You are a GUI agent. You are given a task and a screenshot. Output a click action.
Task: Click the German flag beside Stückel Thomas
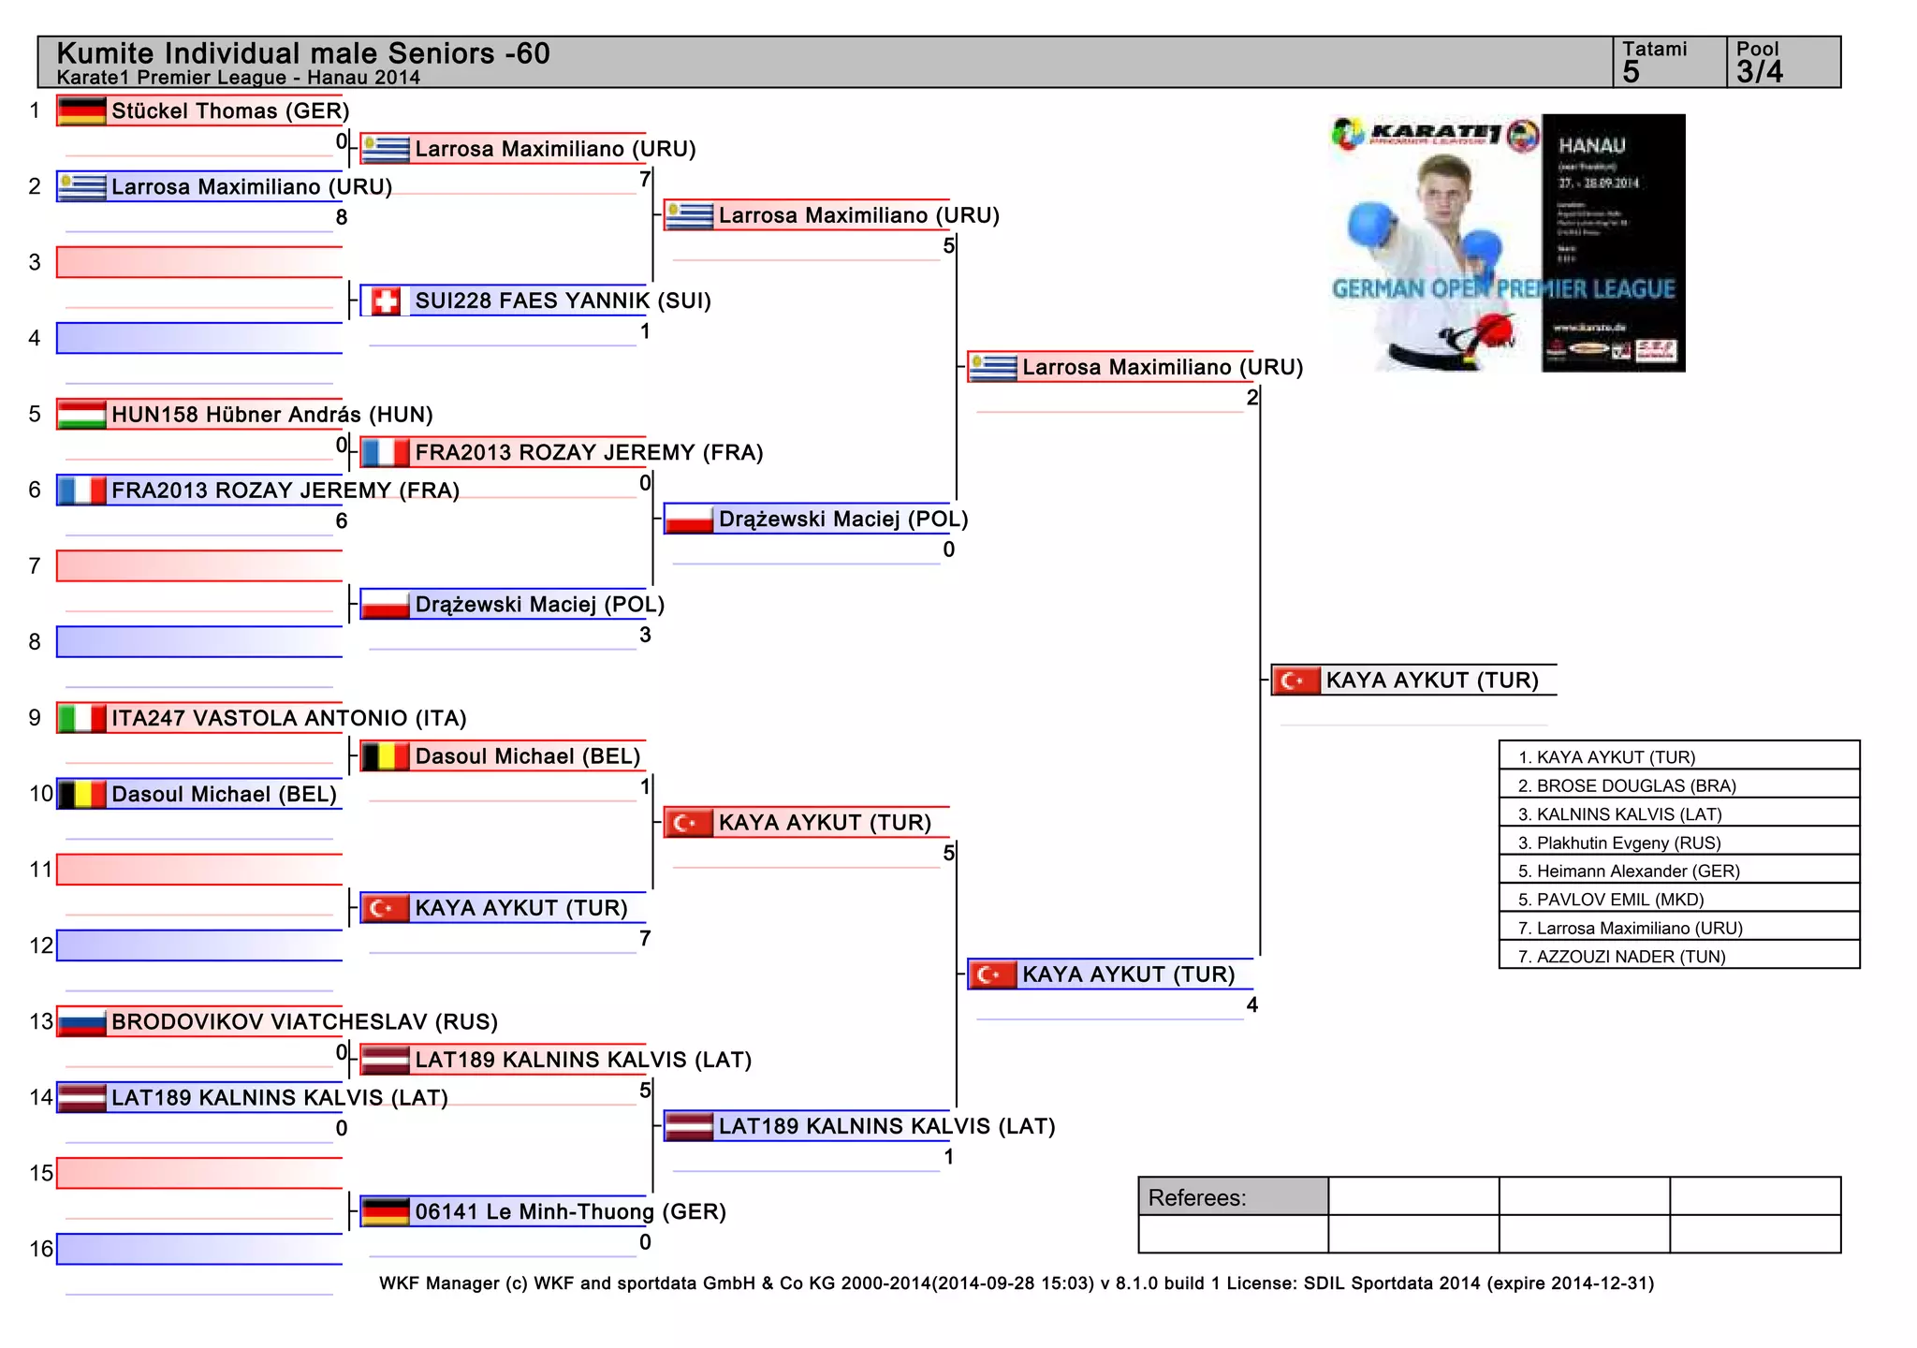[81, 110]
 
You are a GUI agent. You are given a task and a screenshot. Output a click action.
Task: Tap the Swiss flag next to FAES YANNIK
[385, 300]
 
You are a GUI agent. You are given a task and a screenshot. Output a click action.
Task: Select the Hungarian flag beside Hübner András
[81, 414]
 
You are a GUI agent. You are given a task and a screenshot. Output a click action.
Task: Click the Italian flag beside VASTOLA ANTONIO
[81, 718]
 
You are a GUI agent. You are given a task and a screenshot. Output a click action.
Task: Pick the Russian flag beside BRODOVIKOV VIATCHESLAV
[81, 1021]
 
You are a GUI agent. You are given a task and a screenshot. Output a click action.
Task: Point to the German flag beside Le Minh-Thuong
[385, 1211]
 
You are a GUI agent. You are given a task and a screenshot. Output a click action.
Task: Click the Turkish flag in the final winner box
[1296, 681]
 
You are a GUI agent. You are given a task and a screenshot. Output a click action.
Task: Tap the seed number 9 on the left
[35, 718]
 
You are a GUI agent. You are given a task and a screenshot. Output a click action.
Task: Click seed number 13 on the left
[41, 1021]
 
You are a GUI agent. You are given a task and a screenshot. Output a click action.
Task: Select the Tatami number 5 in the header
[1632, 72]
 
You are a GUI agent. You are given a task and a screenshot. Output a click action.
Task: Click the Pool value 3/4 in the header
[1760, 72]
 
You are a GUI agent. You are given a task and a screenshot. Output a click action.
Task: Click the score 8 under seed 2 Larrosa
[342, 217]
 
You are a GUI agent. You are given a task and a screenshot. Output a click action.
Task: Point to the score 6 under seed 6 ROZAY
[342, 521]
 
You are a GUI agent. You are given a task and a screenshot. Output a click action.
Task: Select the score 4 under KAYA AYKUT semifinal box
[1252, 1005]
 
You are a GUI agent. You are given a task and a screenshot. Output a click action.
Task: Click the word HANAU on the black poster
[1591, 146]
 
